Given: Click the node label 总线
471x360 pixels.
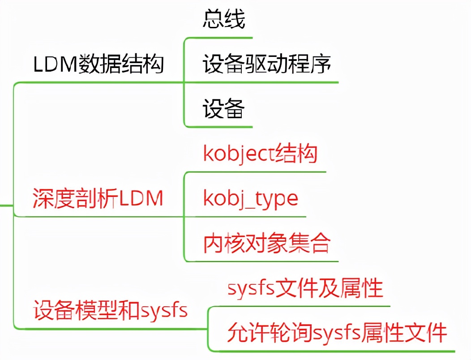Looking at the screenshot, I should click(x=224, y=20).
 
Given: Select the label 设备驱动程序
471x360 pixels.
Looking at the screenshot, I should click(x=267, y=64).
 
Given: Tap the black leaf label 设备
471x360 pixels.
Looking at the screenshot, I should click(x=223, y=109).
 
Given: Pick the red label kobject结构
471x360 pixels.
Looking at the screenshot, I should click(x=260, y=154).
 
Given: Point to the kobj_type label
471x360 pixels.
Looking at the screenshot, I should click(x=250, y=198).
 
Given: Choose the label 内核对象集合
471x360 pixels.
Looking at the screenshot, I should click(x=267, y=243).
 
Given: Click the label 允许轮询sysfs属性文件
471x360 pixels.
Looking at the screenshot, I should click(x=337, y=333).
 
